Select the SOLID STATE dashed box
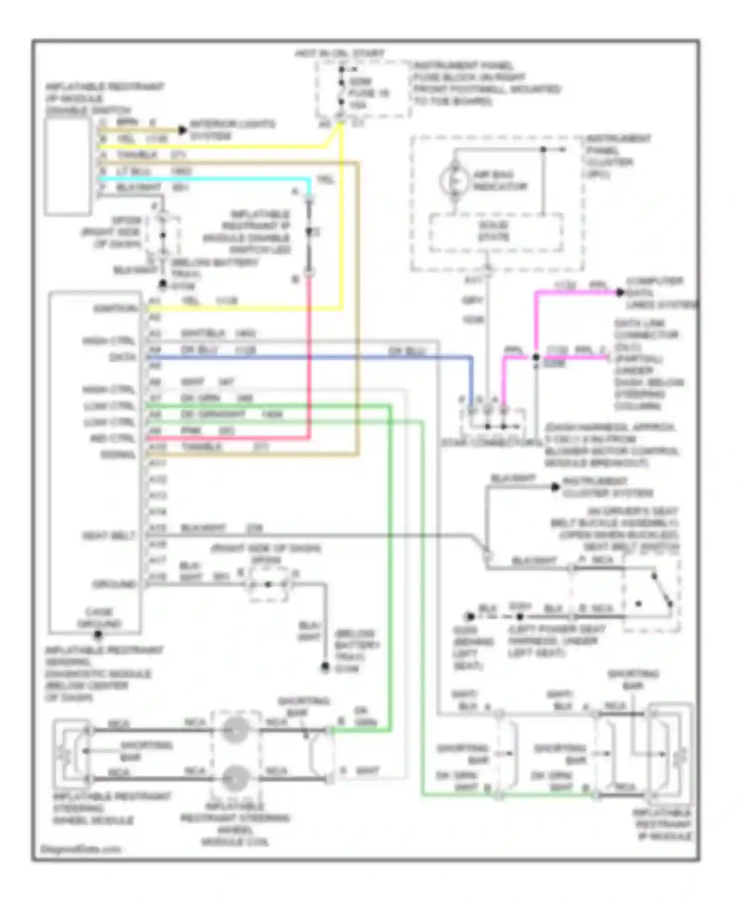[496, 232]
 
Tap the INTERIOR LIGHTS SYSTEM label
[232, 129]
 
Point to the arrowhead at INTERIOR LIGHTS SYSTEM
[182, 130]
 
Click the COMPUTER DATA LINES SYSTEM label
[661, 293]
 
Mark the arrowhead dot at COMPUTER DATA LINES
[620, 293]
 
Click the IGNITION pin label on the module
[115, 308]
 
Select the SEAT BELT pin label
[109, 536]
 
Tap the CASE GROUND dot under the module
[98, 634]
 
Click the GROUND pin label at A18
[114, 584]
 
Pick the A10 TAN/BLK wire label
[201, 447]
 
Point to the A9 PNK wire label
[191, 430]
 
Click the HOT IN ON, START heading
[340, 53]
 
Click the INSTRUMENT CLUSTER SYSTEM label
[607, 487]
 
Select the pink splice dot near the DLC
[536, 357]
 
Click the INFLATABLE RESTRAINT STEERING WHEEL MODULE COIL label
[234, 824]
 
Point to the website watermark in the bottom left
[80, 849]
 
